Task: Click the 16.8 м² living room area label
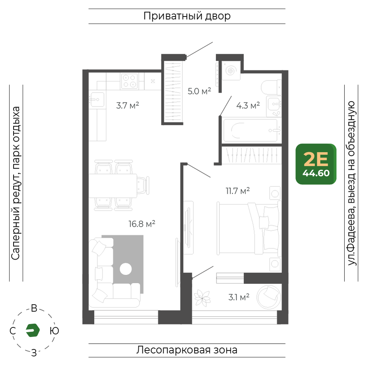(142, 224)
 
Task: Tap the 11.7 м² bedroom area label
(237, 191)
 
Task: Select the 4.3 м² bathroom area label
(248, 106)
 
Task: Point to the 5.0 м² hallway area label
(199, 91)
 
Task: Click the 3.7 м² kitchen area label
(128, 106)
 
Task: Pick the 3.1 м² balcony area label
(239, 297)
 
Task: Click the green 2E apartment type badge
(316, 164)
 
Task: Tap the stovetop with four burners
(130, 81)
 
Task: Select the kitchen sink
(97, 99)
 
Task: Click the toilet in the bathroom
(272, 88)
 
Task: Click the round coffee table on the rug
(126, 269)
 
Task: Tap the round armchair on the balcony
(269, 297)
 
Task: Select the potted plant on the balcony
(202, 298)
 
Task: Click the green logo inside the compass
(33, 330)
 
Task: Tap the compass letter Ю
(54, 331)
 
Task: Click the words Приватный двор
(187, 16)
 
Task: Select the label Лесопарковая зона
(187, 350)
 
